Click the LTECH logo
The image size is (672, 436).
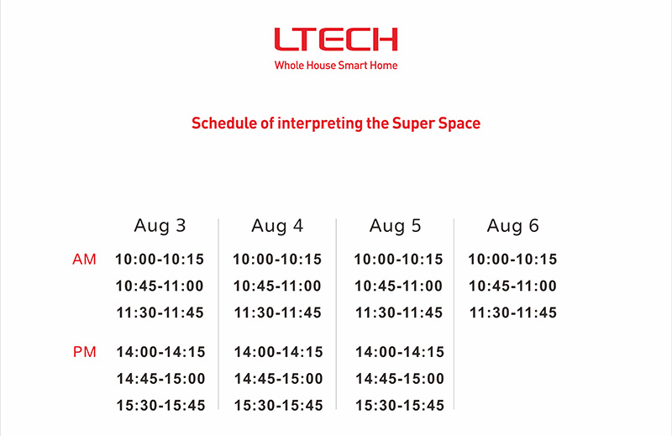(336, 39)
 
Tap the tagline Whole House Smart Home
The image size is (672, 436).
(336, 66)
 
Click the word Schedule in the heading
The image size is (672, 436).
(223, 123)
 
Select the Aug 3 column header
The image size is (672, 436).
(160, 226)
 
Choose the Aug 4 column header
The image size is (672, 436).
(277, 226)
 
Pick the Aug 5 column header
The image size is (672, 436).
(395, 226)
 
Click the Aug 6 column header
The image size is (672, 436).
(512, 226)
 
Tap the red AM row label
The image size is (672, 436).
(85, 260)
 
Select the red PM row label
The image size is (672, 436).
(85, 352)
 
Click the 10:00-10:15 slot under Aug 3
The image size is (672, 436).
(160, 260)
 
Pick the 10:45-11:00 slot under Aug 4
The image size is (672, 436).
(277, 286)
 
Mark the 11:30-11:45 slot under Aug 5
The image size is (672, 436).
(398, 313)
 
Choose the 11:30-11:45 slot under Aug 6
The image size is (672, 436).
(513, 313)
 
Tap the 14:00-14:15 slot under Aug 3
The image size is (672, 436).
(160, 352)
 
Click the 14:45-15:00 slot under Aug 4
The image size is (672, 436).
(278, 379)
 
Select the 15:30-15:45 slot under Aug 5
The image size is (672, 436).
(400, 405)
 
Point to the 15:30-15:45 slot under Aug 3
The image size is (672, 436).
(160, 405)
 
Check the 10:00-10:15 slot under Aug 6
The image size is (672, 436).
(512, 260)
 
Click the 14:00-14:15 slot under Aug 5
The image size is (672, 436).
(400, 352)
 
